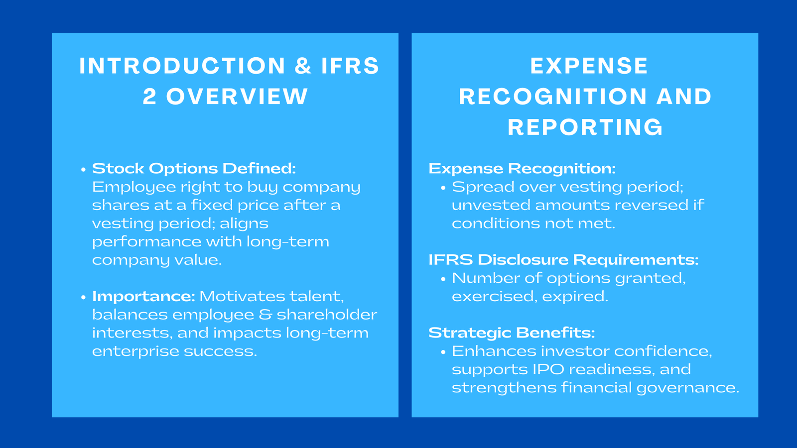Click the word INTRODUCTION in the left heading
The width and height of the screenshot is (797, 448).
point(182,66)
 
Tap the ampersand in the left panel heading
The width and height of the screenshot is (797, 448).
point(303,66)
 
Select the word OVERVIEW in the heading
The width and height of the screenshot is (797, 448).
point(237,97)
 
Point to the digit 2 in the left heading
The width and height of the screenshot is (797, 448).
point(149,97)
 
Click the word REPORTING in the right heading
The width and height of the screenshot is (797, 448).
point(585,127)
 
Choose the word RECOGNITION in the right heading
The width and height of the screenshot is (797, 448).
point(552,97)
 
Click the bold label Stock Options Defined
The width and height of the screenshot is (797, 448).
point(194,169)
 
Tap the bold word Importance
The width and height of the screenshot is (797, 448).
point(143,297)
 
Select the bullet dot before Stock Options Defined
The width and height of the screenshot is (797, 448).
point(84,170)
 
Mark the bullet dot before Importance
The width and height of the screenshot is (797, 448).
point(84,298)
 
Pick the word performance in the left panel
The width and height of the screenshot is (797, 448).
point(147,242)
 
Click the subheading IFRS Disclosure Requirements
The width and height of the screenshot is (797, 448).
point(563,260)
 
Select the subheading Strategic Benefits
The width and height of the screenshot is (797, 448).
point(512,333)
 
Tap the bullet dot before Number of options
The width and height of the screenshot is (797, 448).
point(443,279)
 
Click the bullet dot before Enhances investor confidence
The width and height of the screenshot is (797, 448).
point(443,352)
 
